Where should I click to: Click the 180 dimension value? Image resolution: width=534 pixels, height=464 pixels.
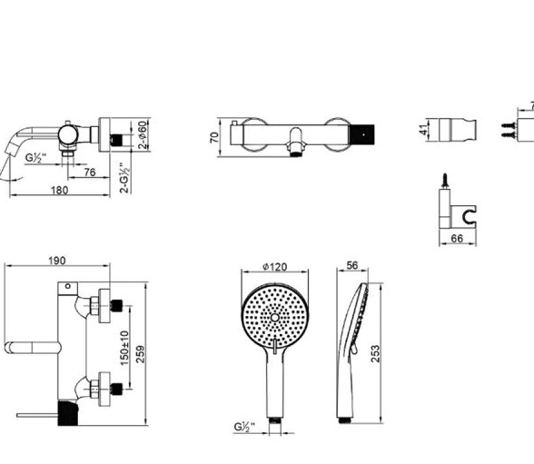[x=60, y=190]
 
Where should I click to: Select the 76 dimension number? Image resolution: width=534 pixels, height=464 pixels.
[x=90, y=173]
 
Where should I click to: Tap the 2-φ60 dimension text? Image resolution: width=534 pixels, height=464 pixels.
[x=143, y=134]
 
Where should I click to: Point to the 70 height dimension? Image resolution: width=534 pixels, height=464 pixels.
[x=214, y=137]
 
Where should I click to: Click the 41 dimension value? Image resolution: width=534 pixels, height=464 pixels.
[x=423, y=130]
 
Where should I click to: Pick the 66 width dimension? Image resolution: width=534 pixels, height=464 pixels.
[x=457, y=239]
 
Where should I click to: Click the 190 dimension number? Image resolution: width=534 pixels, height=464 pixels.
[x=56, y=261]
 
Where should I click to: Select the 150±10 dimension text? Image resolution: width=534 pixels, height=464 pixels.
[x=124, y=348]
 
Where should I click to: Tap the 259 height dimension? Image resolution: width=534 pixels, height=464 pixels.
[x=140, y=354]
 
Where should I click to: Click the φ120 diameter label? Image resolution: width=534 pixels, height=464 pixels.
[x=275, y=267]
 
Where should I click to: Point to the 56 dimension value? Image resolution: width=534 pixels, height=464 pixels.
[x=352, y=265]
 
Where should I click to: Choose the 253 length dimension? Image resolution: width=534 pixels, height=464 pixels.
[x=374, y=354]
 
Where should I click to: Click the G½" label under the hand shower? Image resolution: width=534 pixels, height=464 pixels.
[x=244, y=427]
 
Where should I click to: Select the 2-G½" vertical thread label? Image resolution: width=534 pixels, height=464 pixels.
[x=125, y=178]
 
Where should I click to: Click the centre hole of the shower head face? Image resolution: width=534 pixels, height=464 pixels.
[x=275, y=318]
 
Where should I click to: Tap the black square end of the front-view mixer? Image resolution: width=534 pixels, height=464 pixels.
[x=362, y=134]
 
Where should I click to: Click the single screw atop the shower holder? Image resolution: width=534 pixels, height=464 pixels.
[x=444, y=181]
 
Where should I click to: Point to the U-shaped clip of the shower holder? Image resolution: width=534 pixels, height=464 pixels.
[x=469, y=215]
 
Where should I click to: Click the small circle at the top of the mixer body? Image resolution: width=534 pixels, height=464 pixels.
[x=68, y=286]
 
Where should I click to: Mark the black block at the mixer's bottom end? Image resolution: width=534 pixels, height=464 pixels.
[x=68, y=413]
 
